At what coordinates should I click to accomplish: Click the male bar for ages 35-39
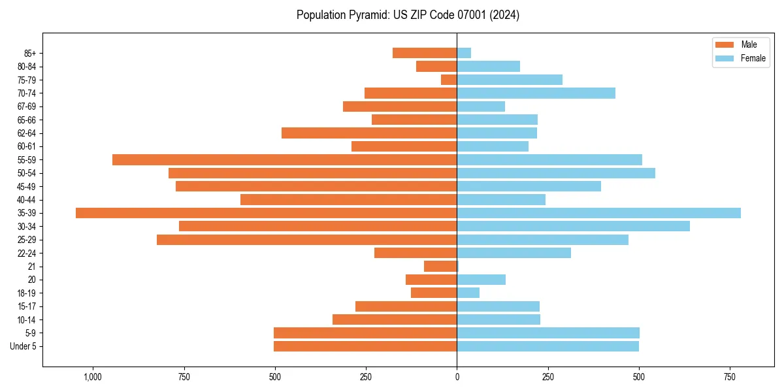[x=266, y=213]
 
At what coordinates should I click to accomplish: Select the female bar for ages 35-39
[x=598, y=213]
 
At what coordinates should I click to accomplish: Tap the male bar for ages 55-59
[x=284, y=159]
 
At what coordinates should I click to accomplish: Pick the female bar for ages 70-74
[x=536, y=93]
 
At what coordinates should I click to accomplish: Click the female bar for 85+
[x=464, y=53]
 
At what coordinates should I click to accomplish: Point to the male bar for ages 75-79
[x=449, y=80]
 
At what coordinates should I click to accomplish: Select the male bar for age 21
[x=440, y=267]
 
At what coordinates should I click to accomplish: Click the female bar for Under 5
[x=547, y=346]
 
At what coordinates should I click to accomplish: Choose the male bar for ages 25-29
[x=306, y=240]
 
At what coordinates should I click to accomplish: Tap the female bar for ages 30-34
[x=573, y=226]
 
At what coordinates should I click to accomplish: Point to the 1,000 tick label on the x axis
[x=93, y=377]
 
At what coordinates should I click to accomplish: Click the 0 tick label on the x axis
[x=457, y=377]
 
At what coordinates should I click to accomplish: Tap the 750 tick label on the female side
[x=730, y=377]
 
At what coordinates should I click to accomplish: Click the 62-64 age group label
[x=27, y=133]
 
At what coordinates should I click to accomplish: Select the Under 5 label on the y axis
[x=23, y=346]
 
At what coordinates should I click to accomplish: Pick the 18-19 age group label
[x=27, y=293]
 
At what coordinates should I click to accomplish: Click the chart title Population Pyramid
[x=408, y=15]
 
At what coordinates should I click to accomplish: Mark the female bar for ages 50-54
[x=555, y=173]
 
